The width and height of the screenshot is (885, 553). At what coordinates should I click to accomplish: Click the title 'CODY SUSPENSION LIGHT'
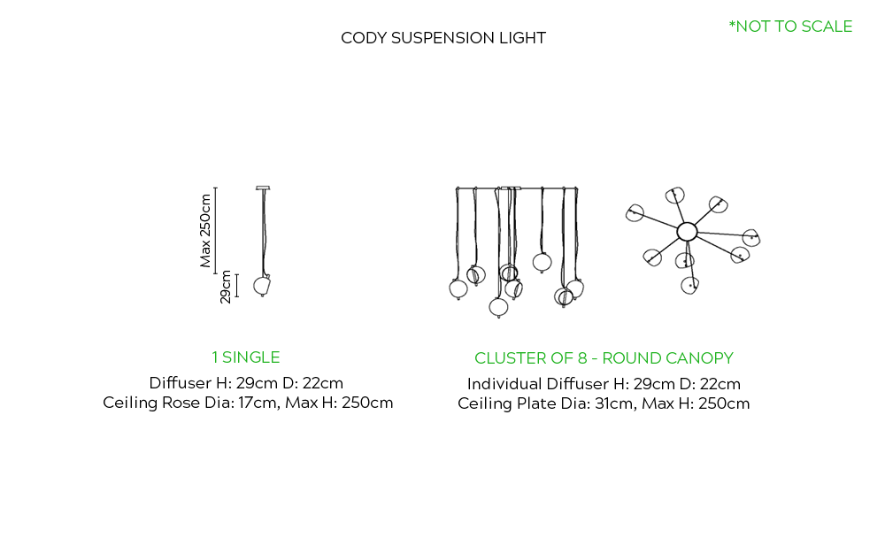[x=443, y=38]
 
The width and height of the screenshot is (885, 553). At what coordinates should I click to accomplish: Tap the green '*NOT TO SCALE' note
[x=790, y=27]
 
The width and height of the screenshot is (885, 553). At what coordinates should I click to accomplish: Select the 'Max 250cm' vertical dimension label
[x=206, y=230]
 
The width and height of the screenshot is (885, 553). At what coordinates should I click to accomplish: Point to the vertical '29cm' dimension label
[x=227, y=287]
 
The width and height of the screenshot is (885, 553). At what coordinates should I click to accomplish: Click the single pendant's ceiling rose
[x=262, y=188]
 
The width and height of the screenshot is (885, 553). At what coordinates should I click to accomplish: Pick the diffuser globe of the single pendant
[x=262, y=285]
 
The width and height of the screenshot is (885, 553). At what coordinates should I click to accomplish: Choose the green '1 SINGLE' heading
[x=246, y=357]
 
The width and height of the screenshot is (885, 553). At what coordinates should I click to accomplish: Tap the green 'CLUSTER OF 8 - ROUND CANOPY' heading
[x=604, y=358]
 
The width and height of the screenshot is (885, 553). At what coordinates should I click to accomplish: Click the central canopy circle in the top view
[x=687, y=232]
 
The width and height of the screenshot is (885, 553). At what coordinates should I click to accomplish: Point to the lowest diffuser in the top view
[x=690, y=284]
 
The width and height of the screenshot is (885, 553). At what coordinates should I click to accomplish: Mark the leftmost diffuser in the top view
[x=635, y=212]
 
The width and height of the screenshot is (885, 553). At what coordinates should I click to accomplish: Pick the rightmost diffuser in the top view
[x=751, y=237]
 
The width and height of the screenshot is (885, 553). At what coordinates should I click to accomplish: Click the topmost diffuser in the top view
[x=677, y=194]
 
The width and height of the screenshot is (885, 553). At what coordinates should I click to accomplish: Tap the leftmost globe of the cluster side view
[x=458, y=288]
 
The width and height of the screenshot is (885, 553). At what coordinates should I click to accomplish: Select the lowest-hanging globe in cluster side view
[x=499, y=307]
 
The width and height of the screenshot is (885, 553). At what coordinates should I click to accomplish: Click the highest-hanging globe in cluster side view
[x=543, y=261]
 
